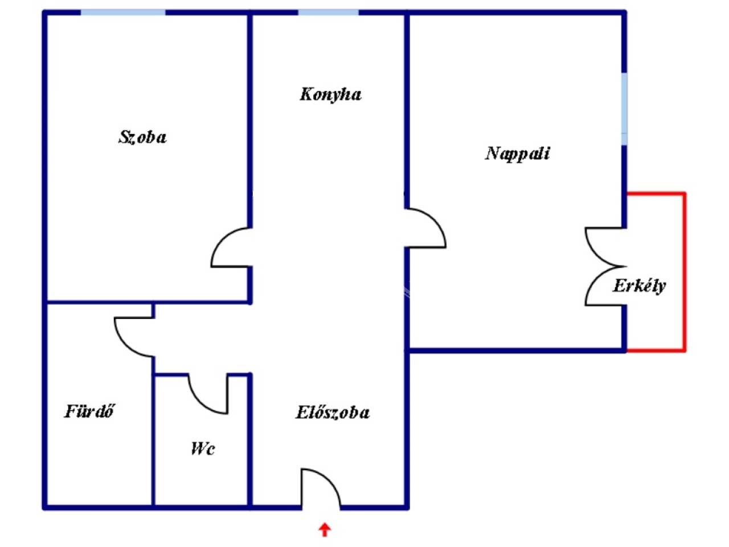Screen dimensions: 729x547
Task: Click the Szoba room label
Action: click(142, 137)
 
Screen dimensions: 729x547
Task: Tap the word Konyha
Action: click(330, 95)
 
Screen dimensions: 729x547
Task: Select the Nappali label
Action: click(517, 154)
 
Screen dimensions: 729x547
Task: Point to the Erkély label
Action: click(640, 285)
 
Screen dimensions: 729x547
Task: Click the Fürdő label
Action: click(89, 411)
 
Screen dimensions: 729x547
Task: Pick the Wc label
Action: click(203, 448)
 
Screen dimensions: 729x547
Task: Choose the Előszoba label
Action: click(333, 412)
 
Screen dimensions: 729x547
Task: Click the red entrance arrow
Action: click(325, 530)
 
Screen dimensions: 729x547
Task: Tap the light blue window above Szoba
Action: click(123, 13)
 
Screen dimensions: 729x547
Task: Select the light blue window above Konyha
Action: click(328, 13)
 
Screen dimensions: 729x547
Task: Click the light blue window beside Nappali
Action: click(624, 109)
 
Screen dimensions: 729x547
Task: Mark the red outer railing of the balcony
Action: click(684, 272)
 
